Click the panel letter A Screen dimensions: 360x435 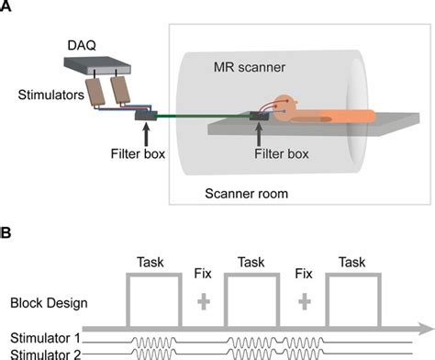tap(6, 7)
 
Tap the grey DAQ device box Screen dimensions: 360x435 tap(98, 65)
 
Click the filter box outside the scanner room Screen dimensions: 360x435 tap(145, 114)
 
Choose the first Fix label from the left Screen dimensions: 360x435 tap(203, 274)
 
